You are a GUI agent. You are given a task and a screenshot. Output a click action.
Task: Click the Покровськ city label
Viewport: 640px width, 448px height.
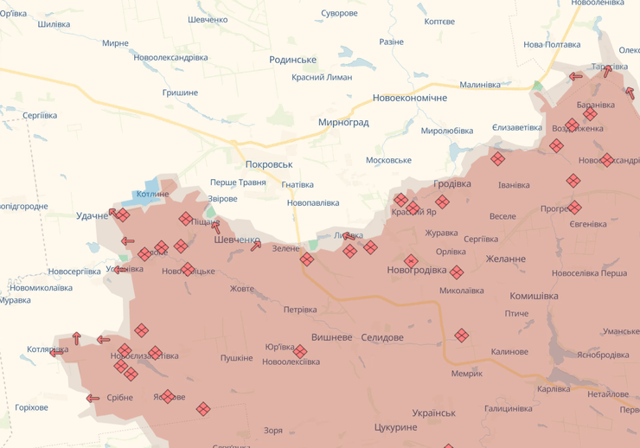coord(269,164)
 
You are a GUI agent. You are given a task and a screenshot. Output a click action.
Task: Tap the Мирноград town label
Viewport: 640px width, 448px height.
coord(343,123)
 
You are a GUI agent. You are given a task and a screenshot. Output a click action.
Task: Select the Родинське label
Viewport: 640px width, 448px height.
coord(293,60)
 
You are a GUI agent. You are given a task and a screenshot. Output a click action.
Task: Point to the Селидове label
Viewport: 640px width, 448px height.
coord(382,336)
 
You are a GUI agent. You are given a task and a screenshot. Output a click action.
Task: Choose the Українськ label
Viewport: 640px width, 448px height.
coord(433,413)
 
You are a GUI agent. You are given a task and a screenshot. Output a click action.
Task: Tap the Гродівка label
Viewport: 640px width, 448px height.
coord(452,184)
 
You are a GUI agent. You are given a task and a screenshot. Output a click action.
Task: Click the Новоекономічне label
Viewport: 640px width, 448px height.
coord(410,99)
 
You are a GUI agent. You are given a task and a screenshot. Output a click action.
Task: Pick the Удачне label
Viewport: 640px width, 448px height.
coord(93,215)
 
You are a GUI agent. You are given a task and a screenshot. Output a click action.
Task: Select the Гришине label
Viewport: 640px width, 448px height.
coord(180,93)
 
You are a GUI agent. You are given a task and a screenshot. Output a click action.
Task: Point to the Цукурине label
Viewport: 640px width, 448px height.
coord(396,427)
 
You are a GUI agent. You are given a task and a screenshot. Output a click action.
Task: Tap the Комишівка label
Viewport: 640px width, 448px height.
coord(534,296)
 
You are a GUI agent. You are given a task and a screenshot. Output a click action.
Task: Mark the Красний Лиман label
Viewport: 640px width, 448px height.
coord(322,77)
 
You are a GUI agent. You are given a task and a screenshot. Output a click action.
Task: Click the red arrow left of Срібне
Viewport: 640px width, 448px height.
coord(93,399)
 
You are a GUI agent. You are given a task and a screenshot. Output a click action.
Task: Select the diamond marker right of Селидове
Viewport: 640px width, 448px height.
coord(462,335)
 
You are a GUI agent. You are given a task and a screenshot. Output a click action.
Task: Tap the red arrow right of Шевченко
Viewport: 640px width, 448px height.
coord(256,246)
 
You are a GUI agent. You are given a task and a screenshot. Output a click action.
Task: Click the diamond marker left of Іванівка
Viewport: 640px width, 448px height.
coord(497,158)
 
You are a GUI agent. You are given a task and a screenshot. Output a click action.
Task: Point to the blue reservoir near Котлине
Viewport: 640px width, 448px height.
coord(152,184)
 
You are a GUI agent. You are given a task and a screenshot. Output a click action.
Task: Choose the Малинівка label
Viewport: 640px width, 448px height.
coord(480,85)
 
